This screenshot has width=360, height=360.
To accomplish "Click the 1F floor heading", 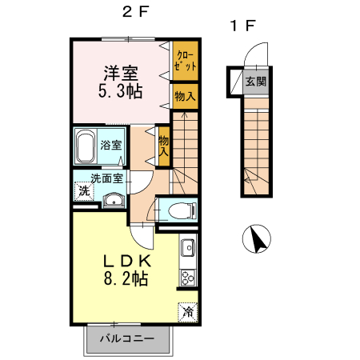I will point(243,26).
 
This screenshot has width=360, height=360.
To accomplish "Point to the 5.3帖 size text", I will point(121,90).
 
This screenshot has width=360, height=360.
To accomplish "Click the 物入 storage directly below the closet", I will point(186,95).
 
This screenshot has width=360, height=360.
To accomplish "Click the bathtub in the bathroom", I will point(86,146).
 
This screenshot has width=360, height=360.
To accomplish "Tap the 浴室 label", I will point(112,146).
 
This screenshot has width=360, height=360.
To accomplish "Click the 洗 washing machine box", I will point(82,192).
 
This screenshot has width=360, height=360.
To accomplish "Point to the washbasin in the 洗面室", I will point(114,200).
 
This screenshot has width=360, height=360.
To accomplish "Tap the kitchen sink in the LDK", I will point(188,248).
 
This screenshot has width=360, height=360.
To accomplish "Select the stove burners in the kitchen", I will point(188,278).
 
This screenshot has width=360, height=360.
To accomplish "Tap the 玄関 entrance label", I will point(256,82).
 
